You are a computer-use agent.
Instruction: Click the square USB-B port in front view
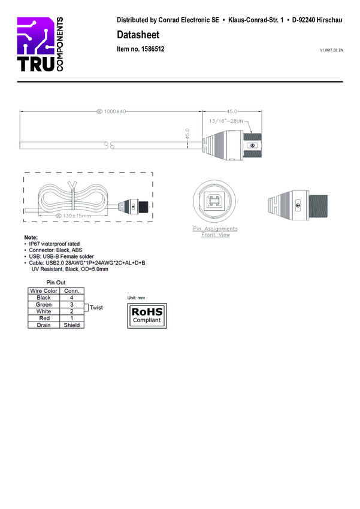215,201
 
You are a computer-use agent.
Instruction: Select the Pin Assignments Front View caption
215,232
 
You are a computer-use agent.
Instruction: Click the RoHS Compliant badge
147,316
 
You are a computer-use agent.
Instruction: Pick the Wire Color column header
44,291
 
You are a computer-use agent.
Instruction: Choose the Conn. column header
72,291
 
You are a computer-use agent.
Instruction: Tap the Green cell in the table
44,305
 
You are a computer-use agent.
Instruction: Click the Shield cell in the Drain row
72,325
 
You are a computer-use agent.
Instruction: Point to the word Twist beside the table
96,308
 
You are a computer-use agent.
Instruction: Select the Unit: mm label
137,298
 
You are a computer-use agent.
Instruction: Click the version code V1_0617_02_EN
331,51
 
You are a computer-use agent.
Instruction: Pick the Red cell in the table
44,318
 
